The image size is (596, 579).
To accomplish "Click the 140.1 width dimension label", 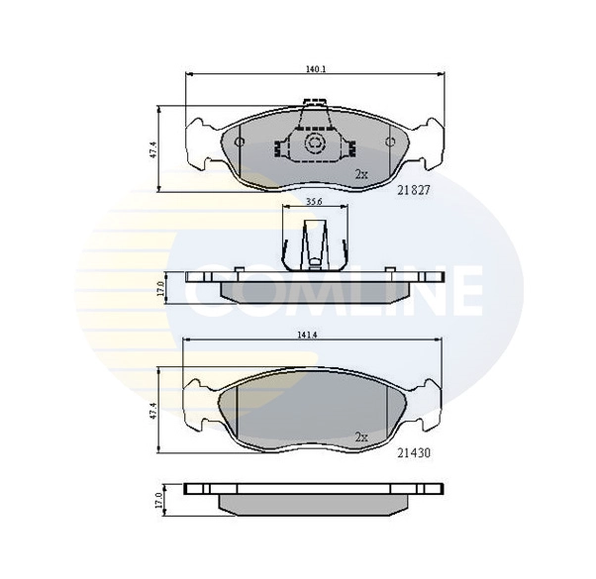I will [314, 70].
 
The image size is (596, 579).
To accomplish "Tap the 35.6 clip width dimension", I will [314, 202].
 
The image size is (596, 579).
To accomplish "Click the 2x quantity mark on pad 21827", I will [361, 174].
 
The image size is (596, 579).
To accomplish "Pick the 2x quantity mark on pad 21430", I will [361, 436].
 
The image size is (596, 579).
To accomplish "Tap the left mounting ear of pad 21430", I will [202, 406].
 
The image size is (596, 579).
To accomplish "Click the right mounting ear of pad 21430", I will [427, 406].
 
